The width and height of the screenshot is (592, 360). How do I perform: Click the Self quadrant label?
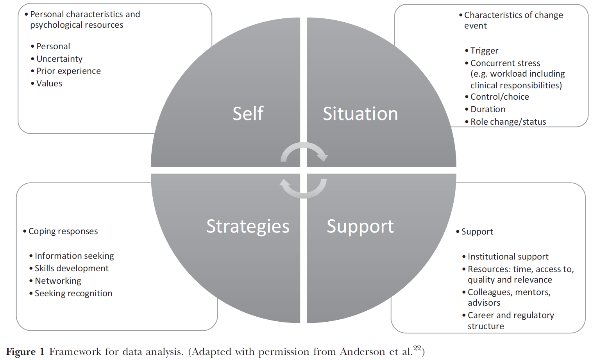point(248,114)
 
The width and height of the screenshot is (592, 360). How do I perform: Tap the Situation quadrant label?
point(360,114)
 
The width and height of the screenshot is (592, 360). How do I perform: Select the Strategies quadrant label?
point(248,226)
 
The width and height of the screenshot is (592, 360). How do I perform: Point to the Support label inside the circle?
point(360,226)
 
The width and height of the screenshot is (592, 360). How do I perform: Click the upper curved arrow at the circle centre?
point(304,152)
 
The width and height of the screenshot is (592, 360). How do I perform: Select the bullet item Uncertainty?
point(59,59)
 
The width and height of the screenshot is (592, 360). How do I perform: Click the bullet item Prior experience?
point(68,71)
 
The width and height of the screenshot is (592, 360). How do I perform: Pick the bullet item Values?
point(49,84)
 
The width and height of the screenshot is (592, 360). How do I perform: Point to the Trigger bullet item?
point(484,51)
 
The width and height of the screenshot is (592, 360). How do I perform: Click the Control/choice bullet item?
point(499,97)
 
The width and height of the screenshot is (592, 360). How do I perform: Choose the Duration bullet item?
point(488,109)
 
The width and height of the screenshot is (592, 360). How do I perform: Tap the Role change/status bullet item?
point(508,122)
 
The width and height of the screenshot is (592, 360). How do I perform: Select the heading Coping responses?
point(63,231)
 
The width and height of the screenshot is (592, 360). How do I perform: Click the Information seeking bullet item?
point(74,256)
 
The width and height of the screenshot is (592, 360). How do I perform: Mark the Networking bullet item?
point(58,281)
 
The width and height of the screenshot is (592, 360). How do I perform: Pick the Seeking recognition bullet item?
point(73,294)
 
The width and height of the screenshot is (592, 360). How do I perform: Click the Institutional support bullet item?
point(508,257)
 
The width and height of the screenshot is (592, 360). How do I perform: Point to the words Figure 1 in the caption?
point(25,352)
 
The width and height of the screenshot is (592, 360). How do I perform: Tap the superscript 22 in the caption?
point(417,348)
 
